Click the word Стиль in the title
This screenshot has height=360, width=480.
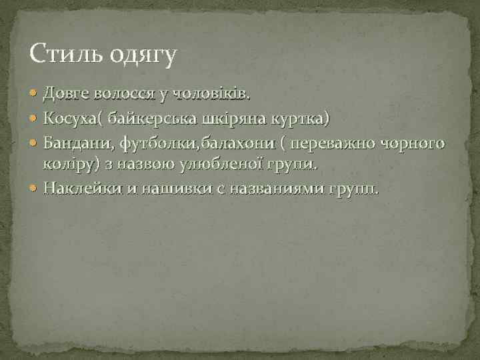(x=59, y=53)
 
